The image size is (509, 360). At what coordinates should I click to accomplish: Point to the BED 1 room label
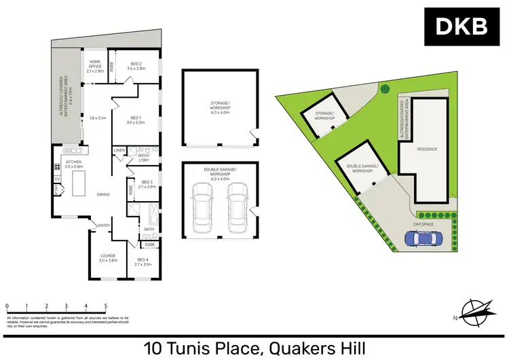tap(136, 120)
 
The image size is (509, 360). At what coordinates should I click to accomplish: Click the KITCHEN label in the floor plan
tap(73, 164)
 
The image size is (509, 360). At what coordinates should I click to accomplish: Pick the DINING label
tap(103, 195)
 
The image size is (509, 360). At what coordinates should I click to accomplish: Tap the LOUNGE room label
tap(109, 257)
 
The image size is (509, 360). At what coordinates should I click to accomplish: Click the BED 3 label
tap(147, 183)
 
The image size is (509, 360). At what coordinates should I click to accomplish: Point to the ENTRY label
tap(104, 226)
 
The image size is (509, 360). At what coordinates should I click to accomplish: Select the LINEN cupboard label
tap(119, 149)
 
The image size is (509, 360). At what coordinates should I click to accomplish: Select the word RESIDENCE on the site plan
tap(428, 149)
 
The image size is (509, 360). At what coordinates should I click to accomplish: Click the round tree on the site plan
tap(384, 88)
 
